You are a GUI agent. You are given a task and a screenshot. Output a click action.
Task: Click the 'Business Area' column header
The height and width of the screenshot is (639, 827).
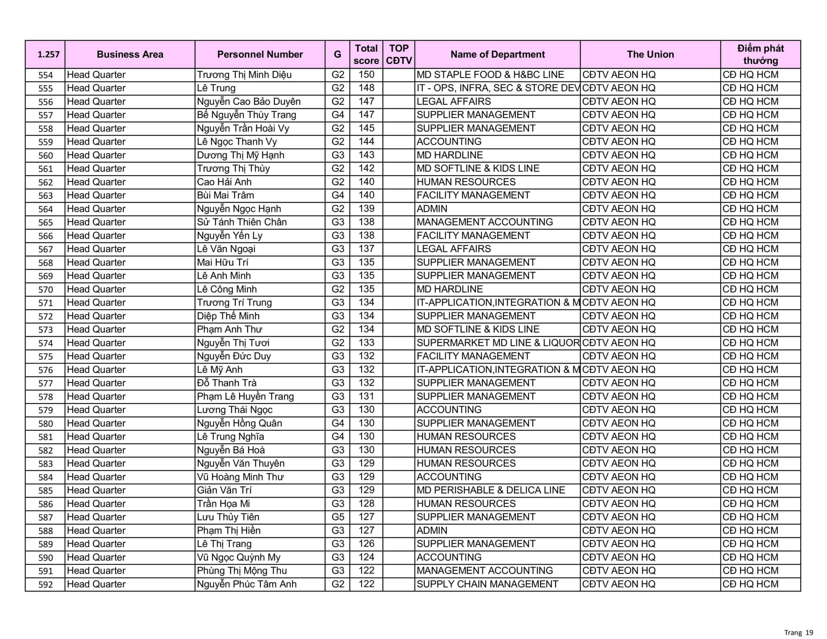pyautogui.click(x=130, y=55)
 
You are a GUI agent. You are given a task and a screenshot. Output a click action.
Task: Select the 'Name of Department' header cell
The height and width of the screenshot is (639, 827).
pyautogui.click(x=497, y=55)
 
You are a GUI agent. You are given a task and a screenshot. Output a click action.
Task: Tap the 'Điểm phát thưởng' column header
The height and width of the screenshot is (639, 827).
pyautogui.click(x=760, y=55)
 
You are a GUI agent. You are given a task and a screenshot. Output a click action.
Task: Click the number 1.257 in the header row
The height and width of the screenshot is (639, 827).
pyautogui.click(x=48, y=55)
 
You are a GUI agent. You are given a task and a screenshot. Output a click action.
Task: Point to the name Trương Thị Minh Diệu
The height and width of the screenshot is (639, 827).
pyautogui.click(x=244, y=75)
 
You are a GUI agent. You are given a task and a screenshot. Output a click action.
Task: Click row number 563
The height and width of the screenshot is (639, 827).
pyautogui.click(x=46, y=195)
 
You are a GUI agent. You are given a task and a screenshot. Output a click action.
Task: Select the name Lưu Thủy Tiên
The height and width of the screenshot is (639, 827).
pyautogui.click(x=228, y=517)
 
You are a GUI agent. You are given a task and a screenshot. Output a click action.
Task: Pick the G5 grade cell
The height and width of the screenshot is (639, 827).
pyautogui.click(x=337, y=517)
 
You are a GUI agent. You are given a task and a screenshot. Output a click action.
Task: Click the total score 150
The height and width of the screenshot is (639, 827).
pyautogui.click(x=366, y=75)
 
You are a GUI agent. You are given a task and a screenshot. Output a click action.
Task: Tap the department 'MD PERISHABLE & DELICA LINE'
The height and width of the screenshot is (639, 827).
pyautogui.click(x=490, y=490)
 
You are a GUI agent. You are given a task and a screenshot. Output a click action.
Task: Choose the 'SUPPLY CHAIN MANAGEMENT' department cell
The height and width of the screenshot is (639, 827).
pyautogui.click(x=487, y=584)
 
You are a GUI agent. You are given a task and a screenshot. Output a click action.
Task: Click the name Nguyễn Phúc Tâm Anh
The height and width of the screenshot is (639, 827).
pyautogui.click(x=246, y=584)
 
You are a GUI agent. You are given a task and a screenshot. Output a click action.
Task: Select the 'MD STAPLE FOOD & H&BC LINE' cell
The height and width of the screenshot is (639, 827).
pyautogui.click(x=490, y=75)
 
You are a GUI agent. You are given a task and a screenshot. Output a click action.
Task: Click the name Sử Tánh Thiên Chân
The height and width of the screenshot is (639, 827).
pyautogui.click(x=242, y=222)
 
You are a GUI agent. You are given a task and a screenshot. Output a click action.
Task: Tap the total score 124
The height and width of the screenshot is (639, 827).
pyautogui.click(x=366, y=557)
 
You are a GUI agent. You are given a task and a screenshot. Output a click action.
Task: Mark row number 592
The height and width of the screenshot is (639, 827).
pyautogui.click(x=46, y=584)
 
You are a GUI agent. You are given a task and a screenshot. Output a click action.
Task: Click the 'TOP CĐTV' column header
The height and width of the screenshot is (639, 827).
pyautogui.click(x=399, y=55)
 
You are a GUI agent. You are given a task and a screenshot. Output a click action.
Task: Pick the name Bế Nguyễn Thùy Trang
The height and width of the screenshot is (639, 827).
pyautogui.click(x=246, y=115)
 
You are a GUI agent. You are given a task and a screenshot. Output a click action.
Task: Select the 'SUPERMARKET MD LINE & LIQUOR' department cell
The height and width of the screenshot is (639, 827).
pyautogui.click(x=498, y=343)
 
